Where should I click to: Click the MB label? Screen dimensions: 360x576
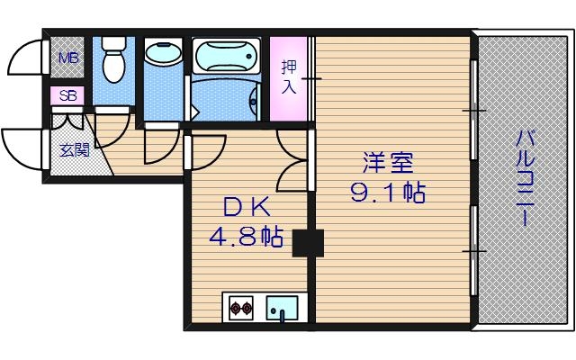(67, 59)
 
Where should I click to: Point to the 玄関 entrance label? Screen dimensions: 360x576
(75, 150)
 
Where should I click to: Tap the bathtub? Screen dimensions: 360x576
(226, 55)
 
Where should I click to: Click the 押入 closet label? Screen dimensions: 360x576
(289, 76)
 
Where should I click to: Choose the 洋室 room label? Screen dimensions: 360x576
(388, 165)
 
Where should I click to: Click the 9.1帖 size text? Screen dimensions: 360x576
(388, 193)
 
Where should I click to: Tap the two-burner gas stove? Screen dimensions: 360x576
(241, 309)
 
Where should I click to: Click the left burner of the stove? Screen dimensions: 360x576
(236, 309)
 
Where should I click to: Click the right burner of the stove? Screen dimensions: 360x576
(247, 309)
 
